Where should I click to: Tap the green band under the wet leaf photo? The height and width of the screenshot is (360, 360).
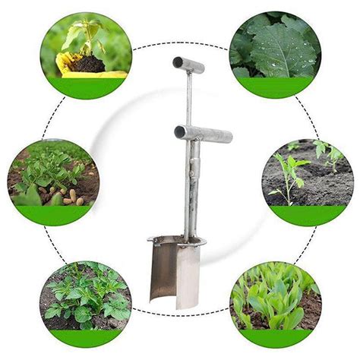tap(274, 87)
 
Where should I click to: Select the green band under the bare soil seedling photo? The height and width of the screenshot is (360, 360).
tap(307, 215)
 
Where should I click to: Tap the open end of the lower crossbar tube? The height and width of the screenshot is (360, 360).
tap(180, 133)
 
